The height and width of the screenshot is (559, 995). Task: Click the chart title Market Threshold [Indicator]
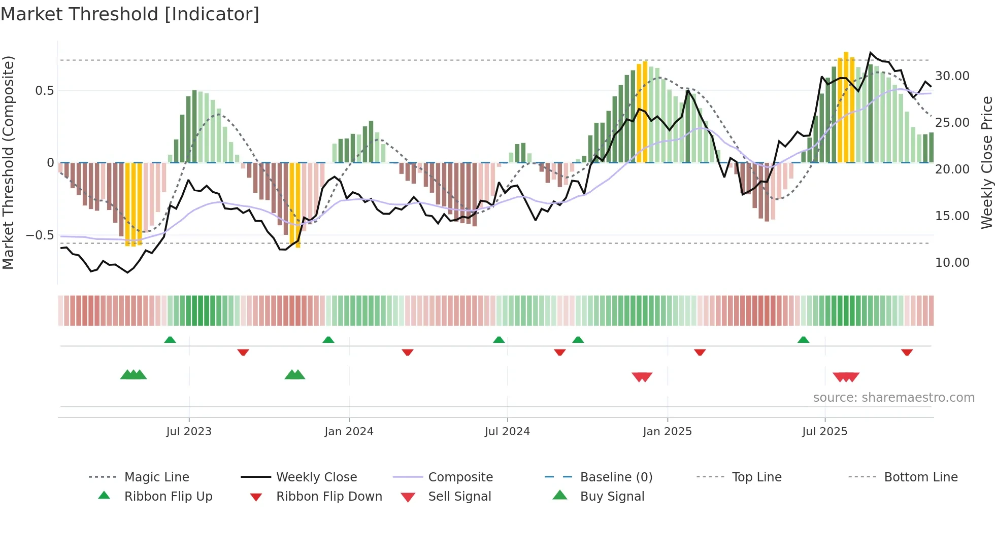pos(130,14)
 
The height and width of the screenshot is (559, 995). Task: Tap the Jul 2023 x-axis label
pos(188,432)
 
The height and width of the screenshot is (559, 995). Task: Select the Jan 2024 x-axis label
pos(349,432)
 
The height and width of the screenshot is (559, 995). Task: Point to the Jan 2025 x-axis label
pos(667,432)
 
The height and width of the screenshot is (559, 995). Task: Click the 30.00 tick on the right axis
pos(952,76)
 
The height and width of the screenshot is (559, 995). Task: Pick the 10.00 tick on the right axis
pos(952,263)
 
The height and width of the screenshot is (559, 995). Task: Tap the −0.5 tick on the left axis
pos(40,235)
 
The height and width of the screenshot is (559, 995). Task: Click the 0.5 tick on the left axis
pos(44,91)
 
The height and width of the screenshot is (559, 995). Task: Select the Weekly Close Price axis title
pos(986,162)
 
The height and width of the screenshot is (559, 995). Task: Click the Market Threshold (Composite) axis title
pos(8,162)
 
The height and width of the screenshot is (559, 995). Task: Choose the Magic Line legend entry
pos(156,477)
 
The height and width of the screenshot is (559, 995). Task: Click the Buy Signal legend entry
pos(612,497)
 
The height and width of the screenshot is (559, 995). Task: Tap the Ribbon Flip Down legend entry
pos(329,497)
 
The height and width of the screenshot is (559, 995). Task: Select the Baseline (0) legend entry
pos(616,477)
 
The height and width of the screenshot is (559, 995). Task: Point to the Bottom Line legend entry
pos(920,477)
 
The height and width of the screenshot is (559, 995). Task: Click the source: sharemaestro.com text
pos(893,398)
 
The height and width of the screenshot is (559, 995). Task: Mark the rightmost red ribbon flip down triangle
pos(907,352)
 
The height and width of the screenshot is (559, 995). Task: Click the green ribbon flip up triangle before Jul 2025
pos(803,340)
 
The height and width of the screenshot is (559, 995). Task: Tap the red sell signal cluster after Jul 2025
pos(846,377)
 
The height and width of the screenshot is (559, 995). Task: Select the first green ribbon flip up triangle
pos(170,340)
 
